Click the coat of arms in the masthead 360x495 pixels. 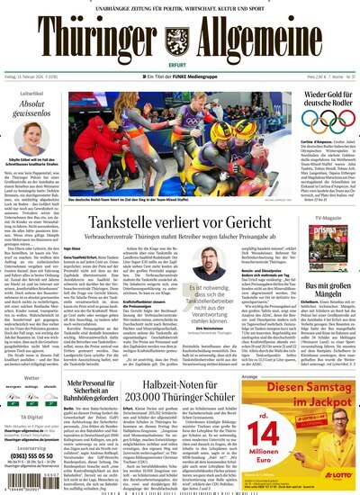pos(180,40)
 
